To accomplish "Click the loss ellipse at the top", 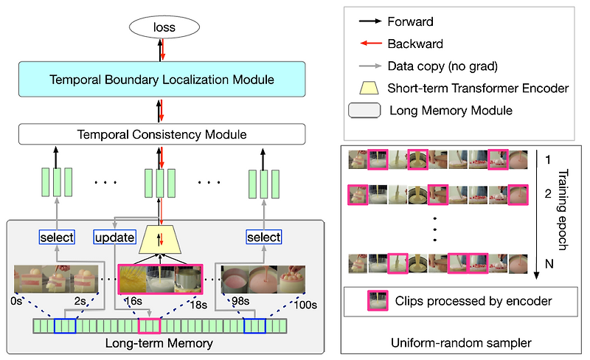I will coord(159,29).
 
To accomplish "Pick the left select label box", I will coord(58,237).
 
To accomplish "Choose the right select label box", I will coord(264,237).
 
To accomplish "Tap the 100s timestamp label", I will coord(304,304).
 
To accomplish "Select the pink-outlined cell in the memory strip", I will coord(149,325).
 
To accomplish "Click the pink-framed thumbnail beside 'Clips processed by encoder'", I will coord(380,300).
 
